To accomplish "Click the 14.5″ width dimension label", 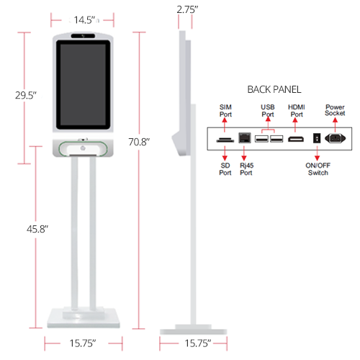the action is point(84,20).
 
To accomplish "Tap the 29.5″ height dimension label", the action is point(26,95).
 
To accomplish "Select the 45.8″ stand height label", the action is point(37,229).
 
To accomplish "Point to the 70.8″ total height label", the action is point(139,142).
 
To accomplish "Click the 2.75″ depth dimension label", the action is point(187,9).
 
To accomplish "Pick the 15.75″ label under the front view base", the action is point(83,343).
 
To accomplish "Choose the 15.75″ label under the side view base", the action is point(198,343).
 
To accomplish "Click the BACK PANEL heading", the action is point(274,89).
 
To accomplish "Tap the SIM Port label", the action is point(225,111).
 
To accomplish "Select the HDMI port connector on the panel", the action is point(296,139).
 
